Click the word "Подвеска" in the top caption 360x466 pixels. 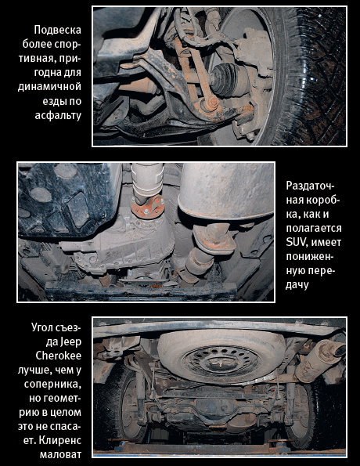point(57,30)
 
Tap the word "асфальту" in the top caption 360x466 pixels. point(58,115)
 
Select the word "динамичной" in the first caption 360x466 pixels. point(49,86)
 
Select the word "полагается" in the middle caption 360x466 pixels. point(314,228)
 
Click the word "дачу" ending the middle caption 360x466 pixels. point(297,285)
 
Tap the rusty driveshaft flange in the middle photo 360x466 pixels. point(147,207)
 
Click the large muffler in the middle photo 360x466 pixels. point(226,191)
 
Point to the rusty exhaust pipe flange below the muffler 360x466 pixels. point(214,239)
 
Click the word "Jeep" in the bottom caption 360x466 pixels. point(70,341)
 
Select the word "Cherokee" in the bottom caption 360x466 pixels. point(59,356)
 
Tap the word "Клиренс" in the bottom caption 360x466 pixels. point(60,441)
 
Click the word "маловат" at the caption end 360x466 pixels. point(60,455)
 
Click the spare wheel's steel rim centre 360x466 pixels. point(222,360)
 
